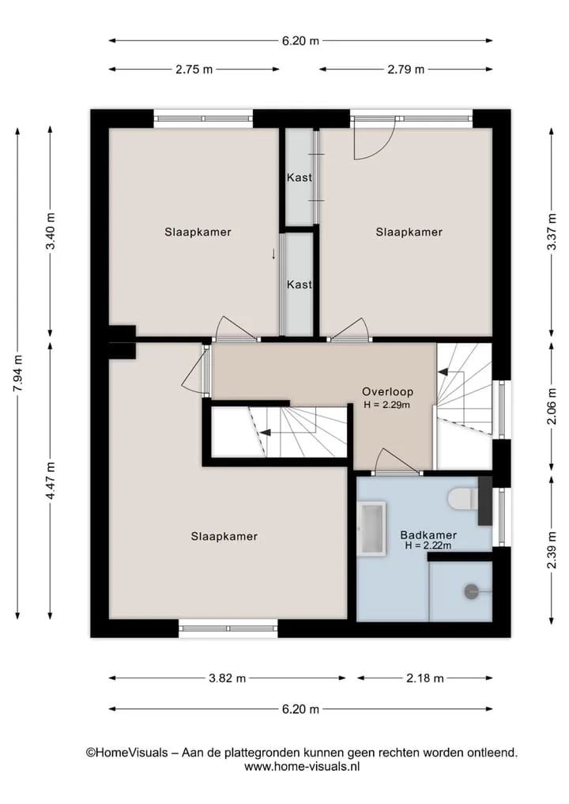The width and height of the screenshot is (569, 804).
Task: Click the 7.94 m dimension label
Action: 17,374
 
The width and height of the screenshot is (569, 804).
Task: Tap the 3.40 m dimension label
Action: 51,231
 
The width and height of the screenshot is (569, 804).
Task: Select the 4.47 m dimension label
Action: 51,481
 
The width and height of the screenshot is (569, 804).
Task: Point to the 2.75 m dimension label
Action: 194,70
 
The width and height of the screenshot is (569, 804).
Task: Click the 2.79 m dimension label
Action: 405,70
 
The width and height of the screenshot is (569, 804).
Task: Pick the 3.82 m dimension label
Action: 227,678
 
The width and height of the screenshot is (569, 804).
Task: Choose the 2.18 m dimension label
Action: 425,678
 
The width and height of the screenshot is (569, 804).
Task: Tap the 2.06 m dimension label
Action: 552,407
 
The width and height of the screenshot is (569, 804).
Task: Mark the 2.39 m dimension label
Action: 552,550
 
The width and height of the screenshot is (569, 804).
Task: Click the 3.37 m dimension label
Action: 552,232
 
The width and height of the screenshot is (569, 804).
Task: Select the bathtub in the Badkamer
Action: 371,529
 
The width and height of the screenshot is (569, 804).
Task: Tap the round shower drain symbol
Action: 471,591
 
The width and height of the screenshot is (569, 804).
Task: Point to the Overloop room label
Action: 387,392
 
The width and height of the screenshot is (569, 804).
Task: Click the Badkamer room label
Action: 428,534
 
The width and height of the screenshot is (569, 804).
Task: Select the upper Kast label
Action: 300,177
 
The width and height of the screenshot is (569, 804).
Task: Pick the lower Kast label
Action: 300,284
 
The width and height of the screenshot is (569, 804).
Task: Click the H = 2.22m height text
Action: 428,545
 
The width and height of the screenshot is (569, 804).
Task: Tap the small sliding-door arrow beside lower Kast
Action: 273,253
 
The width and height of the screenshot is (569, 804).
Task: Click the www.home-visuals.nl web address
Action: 302,766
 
